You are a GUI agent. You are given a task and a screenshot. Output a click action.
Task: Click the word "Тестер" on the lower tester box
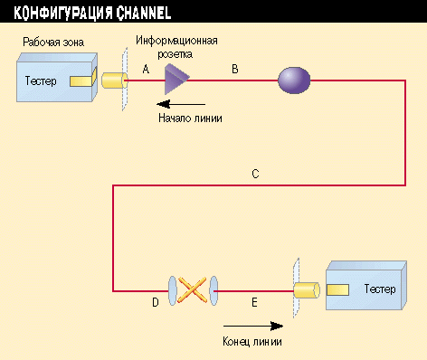pos(380,289)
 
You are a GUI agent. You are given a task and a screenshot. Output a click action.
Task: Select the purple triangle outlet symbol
pos(174,81)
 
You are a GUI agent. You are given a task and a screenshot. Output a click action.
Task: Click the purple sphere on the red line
pos(293,81)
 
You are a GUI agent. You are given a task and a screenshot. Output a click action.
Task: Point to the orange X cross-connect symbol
pos(191,289)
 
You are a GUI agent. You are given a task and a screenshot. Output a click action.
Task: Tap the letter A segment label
pos(147,69)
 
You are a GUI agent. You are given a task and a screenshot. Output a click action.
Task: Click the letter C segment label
pos(256,175)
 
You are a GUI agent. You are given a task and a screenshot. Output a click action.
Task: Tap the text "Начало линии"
pos(190,118)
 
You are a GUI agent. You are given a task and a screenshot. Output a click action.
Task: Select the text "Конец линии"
pos(251,341)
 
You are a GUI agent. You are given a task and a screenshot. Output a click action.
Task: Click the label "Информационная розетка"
pos(176,47)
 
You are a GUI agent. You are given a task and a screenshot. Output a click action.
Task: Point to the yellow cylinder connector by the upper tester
pos(113,81)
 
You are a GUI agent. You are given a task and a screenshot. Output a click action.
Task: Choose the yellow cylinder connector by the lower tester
pos(308,289)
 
